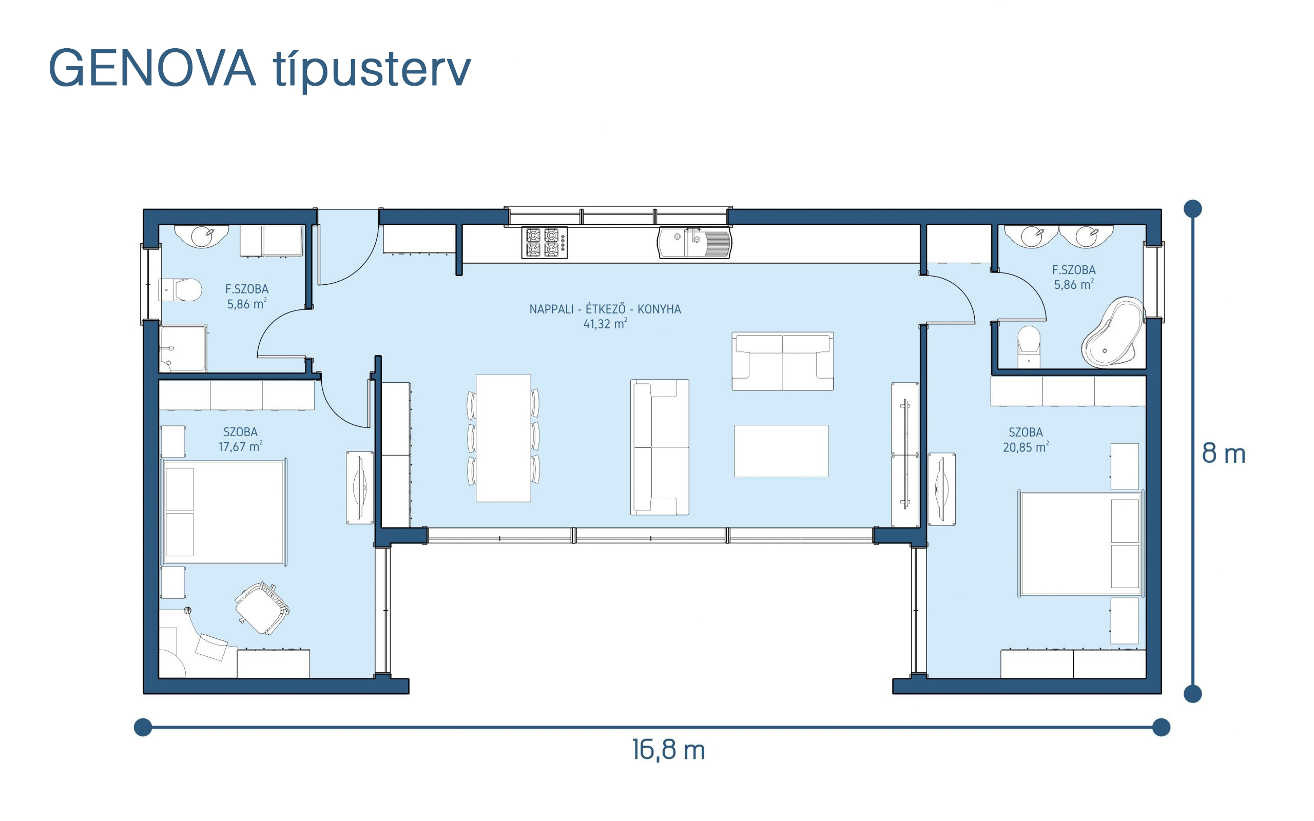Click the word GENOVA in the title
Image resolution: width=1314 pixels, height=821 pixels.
(x=151, y=68)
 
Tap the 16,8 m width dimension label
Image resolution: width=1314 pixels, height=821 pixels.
(x=668, y=750)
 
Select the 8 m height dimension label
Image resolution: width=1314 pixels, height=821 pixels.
(x=1223, y=453)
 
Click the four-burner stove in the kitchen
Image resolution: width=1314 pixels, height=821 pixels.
(x=544, y=242)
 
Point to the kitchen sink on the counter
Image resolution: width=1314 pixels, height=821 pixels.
(x=694, y=243)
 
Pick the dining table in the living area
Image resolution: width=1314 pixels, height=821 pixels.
(x=504, y=438)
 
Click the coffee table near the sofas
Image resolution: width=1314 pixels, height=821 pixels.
(x=781, y=451)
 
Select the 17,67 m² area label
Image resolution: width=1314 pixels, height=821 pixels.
(x=241, y=446)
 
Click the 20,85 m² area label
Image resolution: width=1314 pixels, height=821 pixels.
(x=1026, y=447)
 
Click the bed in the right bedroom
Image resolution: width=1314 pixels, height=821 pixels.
(x=1080, y=543)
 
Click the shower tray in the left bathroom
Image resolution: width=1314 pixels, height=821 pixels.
(x=183, y=348)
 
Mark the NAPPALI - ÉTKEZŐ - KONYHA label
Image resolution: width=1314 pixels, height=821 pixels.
(x=605, y=309)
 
